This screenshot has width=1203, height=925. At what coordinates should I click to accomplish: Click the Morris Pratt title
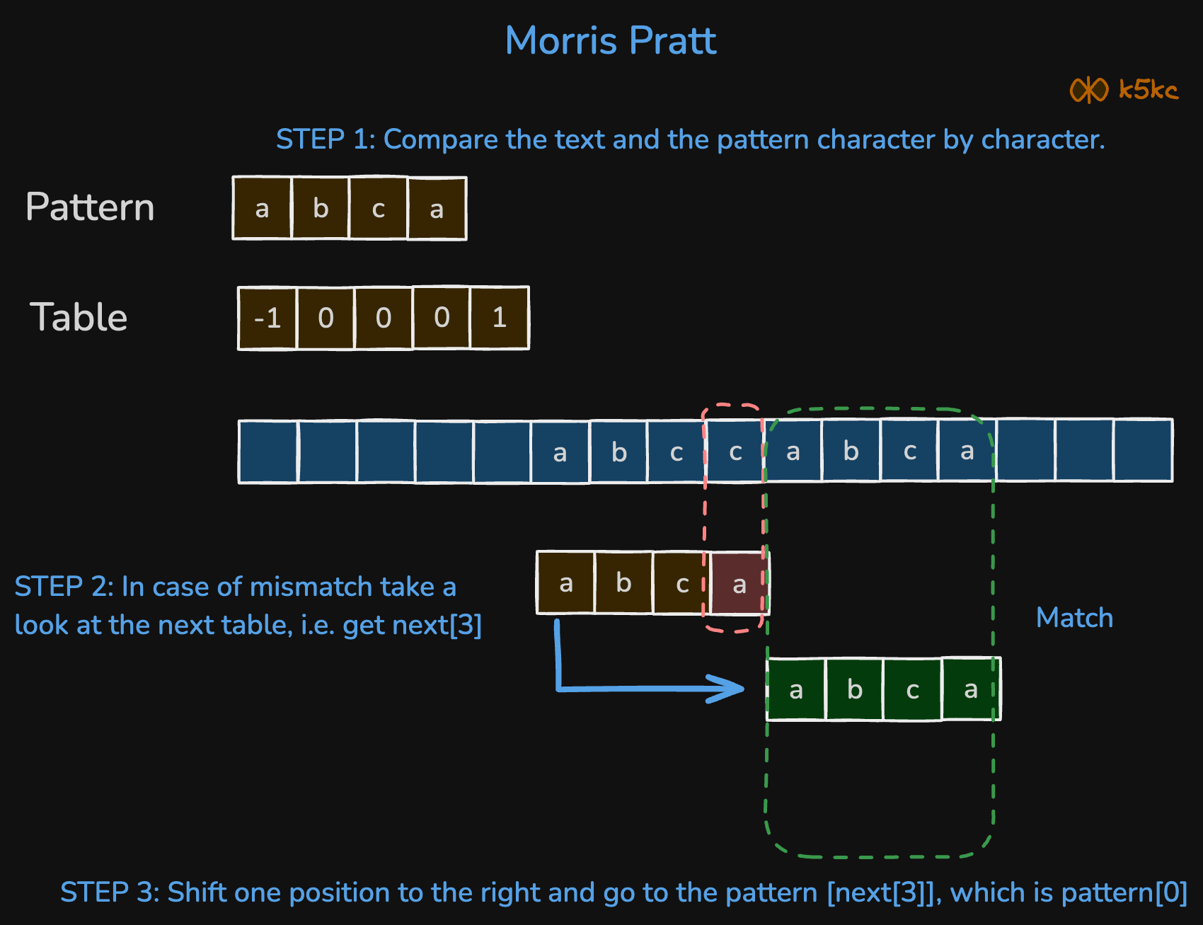(x=610, y=41)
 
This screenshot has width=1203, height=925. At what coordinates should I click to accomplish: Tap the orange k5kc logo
(x=1123, y=90)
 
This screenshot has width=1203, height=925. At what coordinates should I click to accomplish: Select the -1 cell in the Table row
(x=267, y=318)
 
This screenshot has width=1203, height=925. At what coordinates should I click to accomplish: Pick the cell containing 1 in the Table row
(x=500, y=318)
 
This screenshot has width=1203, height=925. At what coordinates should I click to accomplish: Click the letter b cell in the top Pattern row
(x=321, y=208)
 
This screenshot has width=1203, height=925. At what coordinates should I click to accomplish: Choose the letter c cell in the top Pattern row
(x=379, y=208)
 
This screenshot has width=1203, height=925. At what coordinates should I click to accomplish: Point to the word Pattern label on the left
(x=90, y=207)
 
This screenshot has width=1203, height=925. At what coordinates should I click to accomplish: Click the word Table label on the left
(x=79, y=317)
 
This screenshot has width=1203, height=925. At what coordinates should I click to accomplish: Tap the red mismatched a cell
(x=739, y=584)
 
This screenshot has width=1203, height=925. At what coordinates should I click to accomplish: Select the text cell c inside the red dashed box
(x=735, y=452)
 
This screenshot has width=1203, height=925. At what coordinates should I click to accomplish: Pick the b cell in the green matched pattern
(x=854, y=689)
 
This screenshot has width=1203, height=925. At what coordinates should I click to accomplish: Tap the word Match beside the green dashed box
(x=1074, y=618)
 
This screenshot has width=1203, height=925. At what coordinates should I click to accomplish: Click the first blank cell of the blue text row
(x=268, y=452)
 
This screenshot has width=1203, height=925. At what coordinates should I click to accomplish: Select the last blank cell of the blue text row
(x=1143, y=451)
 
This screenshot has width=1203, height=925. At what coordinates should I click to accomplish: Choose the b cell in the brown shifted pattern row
(x=623, y=583)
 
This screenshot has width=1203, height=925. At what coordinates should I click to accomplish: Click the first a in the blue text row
(x=560, y=452)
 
